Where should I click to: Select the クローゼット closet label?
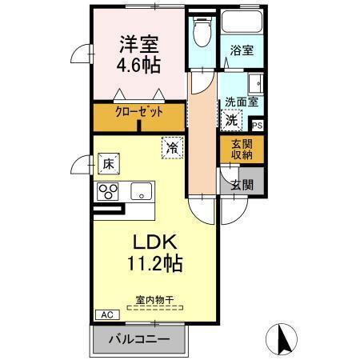[x=138, y=112]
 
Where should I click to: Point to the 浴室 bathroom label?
[x=242, y=50]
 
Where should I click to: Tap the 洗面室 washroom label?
[x=240, y=102]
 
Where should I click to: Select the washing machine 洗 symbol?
[x=230, y=121]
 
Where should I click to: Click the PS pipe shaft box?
[x=257, y=125]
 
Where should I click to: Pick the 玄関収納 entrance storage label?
[x=241, y=149]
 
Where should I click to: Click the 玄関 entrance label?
[x=242, y=184]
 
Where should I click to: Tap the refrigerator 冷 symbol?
[x=171, y=147]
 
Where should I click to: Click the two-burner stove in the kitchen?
[x=108, y=191]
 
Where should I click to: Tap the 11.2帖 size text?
[x=154, y=264]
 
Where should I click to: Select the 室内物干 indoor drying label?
[x=154, y=301]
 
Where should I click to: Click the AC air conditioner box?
[x=105, y=314]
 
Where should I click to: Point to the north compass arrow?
[x=282, y=337]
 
